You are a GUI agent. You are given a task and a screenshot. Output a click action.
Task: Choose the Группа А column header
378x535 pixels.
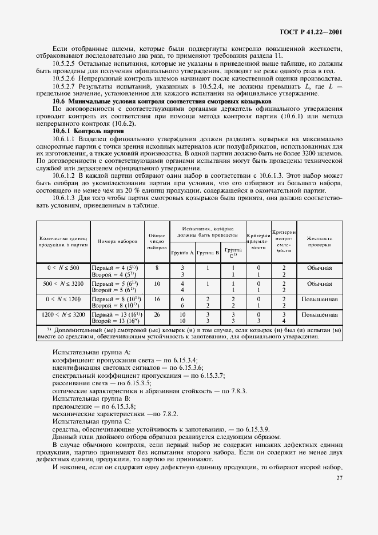click(x=182, y=251)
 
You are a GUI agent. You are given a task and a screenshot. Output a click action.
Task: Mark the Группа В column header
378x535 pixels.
click(x=208, y=251)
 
